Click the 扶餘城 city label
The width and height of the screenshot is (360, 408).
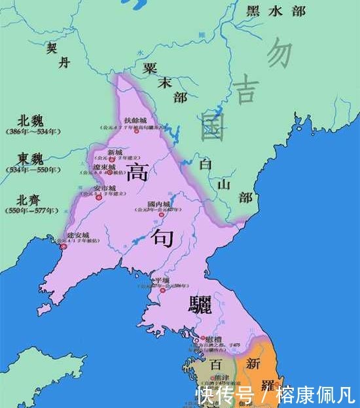click(x=135, y=121)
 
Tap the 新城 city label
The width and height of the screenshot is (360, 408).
click(x=115, y=152)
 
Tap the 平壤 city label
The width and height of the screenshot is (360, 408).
click(x=161, y=281)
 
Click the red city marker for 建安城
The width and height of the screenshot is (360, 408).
click(x=63, y=246)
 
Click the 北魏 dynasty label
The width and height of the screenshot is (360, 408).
click(x=31, y=120)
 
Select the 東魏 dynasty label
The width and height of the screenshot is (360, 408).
click(x=31, y=159)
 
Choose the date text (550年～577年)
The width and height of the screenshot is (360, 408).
click(x=31, y=210)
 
